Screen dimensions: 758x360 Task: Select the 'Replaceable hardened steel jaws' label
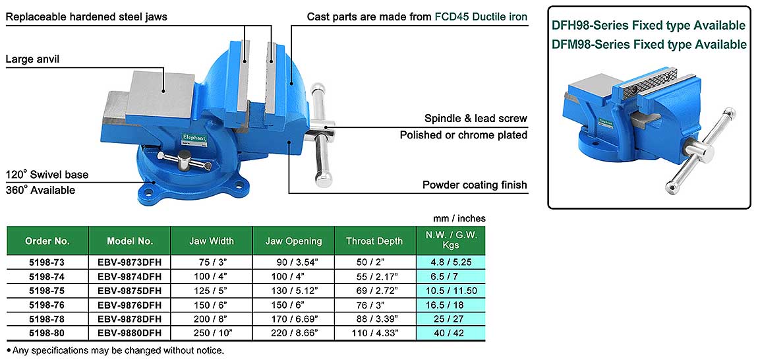click(86, 16)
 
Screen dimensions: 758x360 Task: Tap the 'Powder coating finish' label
click(475, 185)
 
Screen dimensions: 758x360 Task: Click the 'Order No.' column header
click(47, 241)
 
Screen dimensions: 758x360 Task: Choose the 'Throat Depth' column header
click(374, 241)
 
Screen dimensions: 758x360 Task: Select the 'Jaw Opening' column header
click(293, 241)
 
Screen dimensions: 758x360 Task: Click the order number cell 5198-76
click(47, 305)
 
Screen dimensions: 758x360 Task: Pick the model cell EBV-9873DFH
click(130, 262)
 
